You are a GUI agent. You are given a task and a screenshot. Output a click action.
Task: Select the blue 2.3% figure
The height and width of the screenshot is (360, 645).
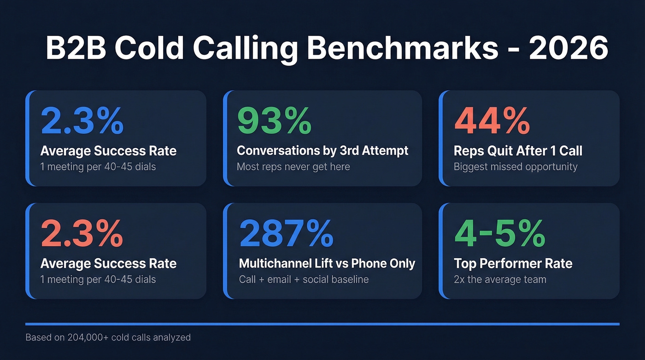pyautogui.click(x=82, y=120)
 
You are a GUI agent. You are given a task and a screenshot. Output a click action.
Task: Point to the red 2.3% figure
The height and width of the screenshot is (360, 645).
pyautogui.click(x=82, y=233)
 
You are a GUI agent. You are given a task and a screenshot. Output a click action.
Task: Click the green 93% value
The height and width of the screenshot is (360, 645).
pyautogui.click(x=274, y=120)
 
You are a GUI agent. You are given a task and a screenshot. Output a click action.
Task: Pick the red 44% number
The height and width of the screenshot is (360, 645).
pyautogui.click(x=492, y=120)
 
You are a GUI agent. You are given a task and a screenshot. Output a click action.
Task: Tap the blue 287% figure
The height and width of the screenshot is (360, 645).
pyautogui.click(x=286, y=233)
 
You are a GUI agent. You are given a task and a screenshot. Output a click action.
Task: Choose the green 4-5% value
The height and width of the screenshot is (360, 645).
pyautogui.click(x=499, y=233)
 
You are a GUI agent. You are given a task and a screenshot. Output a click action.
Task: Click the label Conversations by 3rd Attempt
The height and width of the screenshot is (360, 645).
pyautogui.click(x=322, y=151)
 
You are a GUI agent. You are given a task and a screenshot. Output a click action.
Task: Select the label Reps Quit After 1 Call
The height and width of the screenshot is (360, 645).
pyautogui.click(x=518, y=151)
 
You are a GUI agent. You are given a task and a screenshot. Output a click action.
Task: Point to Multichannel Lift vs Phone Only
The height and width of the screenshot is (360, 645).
pyautogui.click(x=327, y=264)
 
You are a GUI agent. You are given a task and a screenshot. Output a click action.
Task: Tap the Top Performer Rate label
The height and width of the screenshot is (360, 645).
pyautogui.click(x=513, y=264)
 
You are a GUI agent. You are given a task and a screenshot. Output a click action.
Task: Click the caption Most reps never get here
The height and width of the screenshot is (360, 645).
pyautogui.click(x=293, y=166)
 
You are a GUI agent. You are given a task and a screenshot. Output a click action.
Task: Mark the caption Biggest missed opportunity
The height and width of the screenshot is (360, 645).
pyautogui.click(x=515, y=166)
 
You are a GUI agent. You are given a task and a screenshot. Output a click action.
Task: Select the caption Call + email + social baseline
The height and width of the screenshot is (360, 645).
pyautogui.click(x=304, y=279)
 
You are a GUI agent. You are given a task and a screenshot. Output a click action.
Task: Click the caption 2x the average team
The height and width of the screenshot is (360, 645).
pyautogui.click(x=500, y=279)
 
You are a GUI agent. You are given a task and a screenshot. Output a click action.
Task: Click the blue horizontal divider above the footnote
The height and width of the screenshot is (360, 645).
pyautogui.click(x=322, y=324)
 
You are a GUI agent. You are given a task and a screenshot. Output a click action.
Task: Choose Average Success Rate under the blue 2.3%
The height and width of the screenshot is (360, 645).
pyautogui.click(x=108, y=151)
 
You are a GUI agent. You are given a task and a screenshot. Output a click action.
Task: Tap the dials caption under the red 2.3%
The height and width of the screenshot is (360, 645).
pyautogui.click(x=98, y=279)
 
